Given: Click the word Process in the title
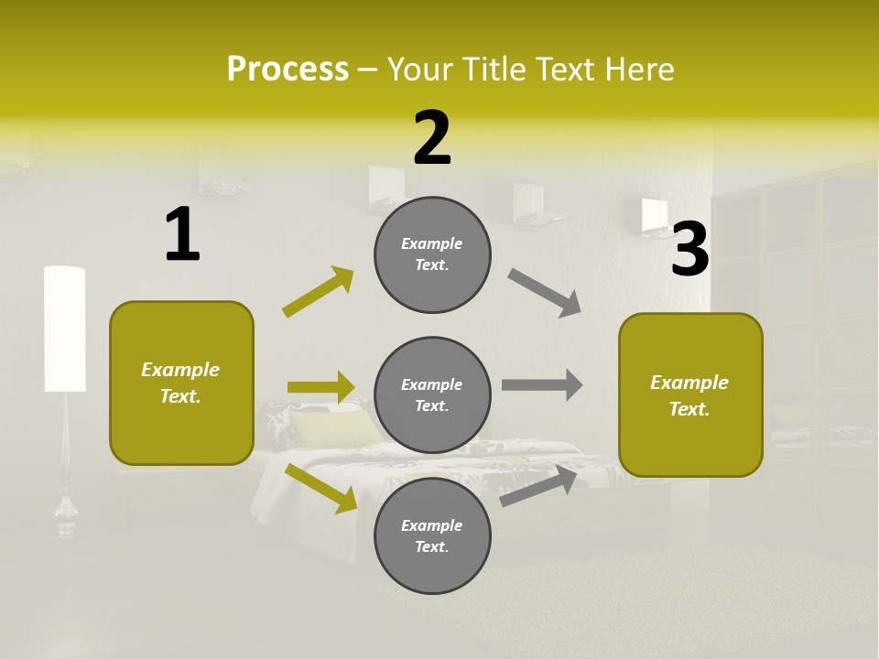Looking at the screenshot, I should pyautogui.click(x=288, y=70).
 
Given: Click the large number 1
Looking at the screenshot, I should pyautogui.click(x=182, y=235).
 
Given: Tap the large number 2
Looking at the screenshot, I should pyautogui.click(x=432, y=138).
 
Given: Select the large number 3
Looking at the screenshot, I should pyautogui.click(x=690, y=250).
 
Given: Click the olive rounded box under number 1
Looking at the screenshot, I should pyautogui.click(x=181, y=383).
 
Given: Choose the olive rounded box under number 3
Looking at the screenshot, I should pyautogui.click(x=690, y=394).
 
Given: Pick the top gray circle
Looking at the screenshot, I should pyautogui.click(x=432, y=254).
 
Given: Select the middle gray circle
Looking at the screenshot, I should pyautogui.click(x=432, y=394).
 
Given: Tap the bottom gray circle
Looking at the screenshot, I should pyautogui.click(x=432, y=535).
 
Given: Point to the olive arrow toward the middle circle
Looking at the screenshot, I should pyautogui.click(x=320, y=387).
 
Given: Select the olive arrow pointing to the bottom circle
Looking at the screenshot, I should pyautogui.click(x=320, y=487).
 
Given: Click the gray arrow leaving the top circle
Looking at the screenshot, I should pyautogui.click(x=545, y=293).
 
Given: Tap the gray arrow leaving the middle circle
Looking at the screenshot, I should pyautogui.click(x=542, y=385).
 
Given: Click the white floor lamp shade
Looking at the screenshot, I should pyautogui.click(x=65, y=329).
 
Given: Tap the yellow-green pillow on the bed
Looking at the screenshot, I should pyautogui.click(x=334, y=427).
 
